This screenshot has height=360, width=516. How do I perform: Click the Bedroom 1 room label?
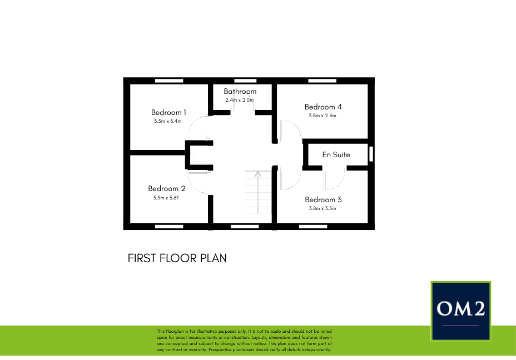tap(168, 112)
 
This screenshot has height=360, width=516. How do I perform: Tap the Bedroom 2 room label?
tap(167, 188)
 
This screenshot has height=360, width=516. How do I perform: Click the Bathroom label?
tap(240, 91)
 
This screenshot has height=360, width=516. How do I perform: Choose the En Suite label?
tap(336, 154)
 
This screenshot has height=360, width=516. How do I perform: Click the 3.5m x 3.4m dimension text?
tap(168, 121)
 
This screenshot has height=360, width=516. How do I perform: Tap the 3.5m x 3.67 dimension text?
tap(166, 197)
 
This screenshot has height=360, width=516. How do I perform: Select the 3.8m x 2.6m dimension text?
tap(322, 116)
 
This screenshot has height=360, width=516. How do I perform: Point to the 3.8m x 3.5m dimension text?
tap(322, 208)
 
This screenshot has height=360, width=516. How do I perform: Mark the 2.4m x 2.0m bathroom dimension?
tap(239, 100)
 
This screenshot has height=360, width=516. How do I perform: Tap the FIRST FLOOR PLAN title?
tap(177, 258)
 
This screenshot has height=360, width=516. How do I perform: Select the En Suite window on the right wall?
tap(371, 154)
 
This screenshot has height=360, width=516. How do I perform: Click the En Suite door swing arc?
tap(334, 178)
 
